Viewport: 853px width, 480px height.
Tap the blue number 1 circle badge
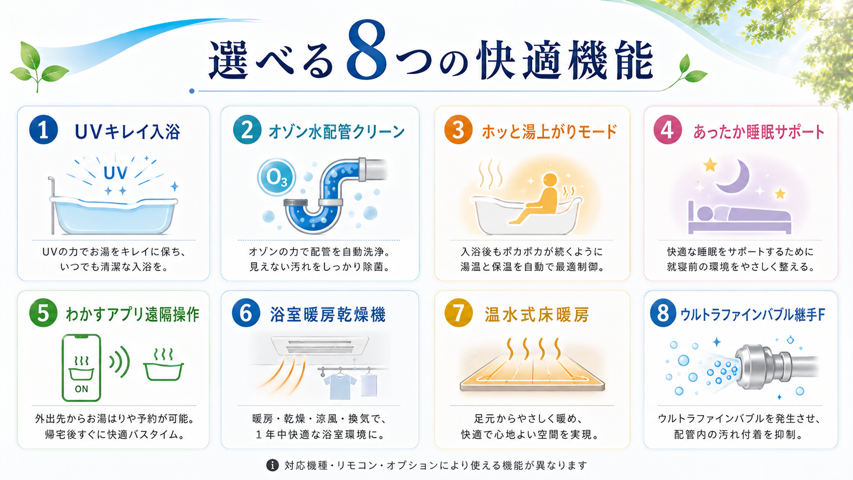tap(43, 130)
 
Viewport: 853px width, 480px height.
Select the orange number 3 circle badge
tap(459, 130)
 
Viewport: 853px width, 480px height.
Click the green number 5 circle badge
tap(43, 313)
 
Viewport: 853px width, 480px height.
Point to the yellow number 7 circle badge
tap(459, 313)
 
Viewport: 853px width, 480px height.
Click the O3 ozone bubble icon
tap(277, 178)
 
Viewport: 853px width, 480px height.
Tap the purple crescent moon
tap(734, 176)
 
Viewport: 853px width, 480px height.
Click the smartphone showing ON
tap(82, 368)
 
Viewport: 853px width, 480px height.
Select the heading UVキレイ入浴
tap(127, 132)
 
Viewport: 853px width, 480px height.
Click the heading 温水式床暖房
tap(537, 315)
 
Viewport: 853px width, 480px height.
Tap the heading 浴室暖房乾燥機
tap(328, 315)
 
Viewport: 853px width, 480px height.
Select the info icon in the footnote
tap(272, 465)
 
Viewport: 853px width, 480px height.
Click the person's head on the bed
tap(705, 213)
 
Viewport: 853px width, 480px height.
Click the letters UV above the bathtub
tap(115, 173)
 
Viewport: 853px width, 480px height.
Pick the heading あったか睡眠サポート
tap(759, 132)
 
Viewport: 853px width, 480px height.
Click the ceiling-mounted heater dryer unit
tap(320, 346)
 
